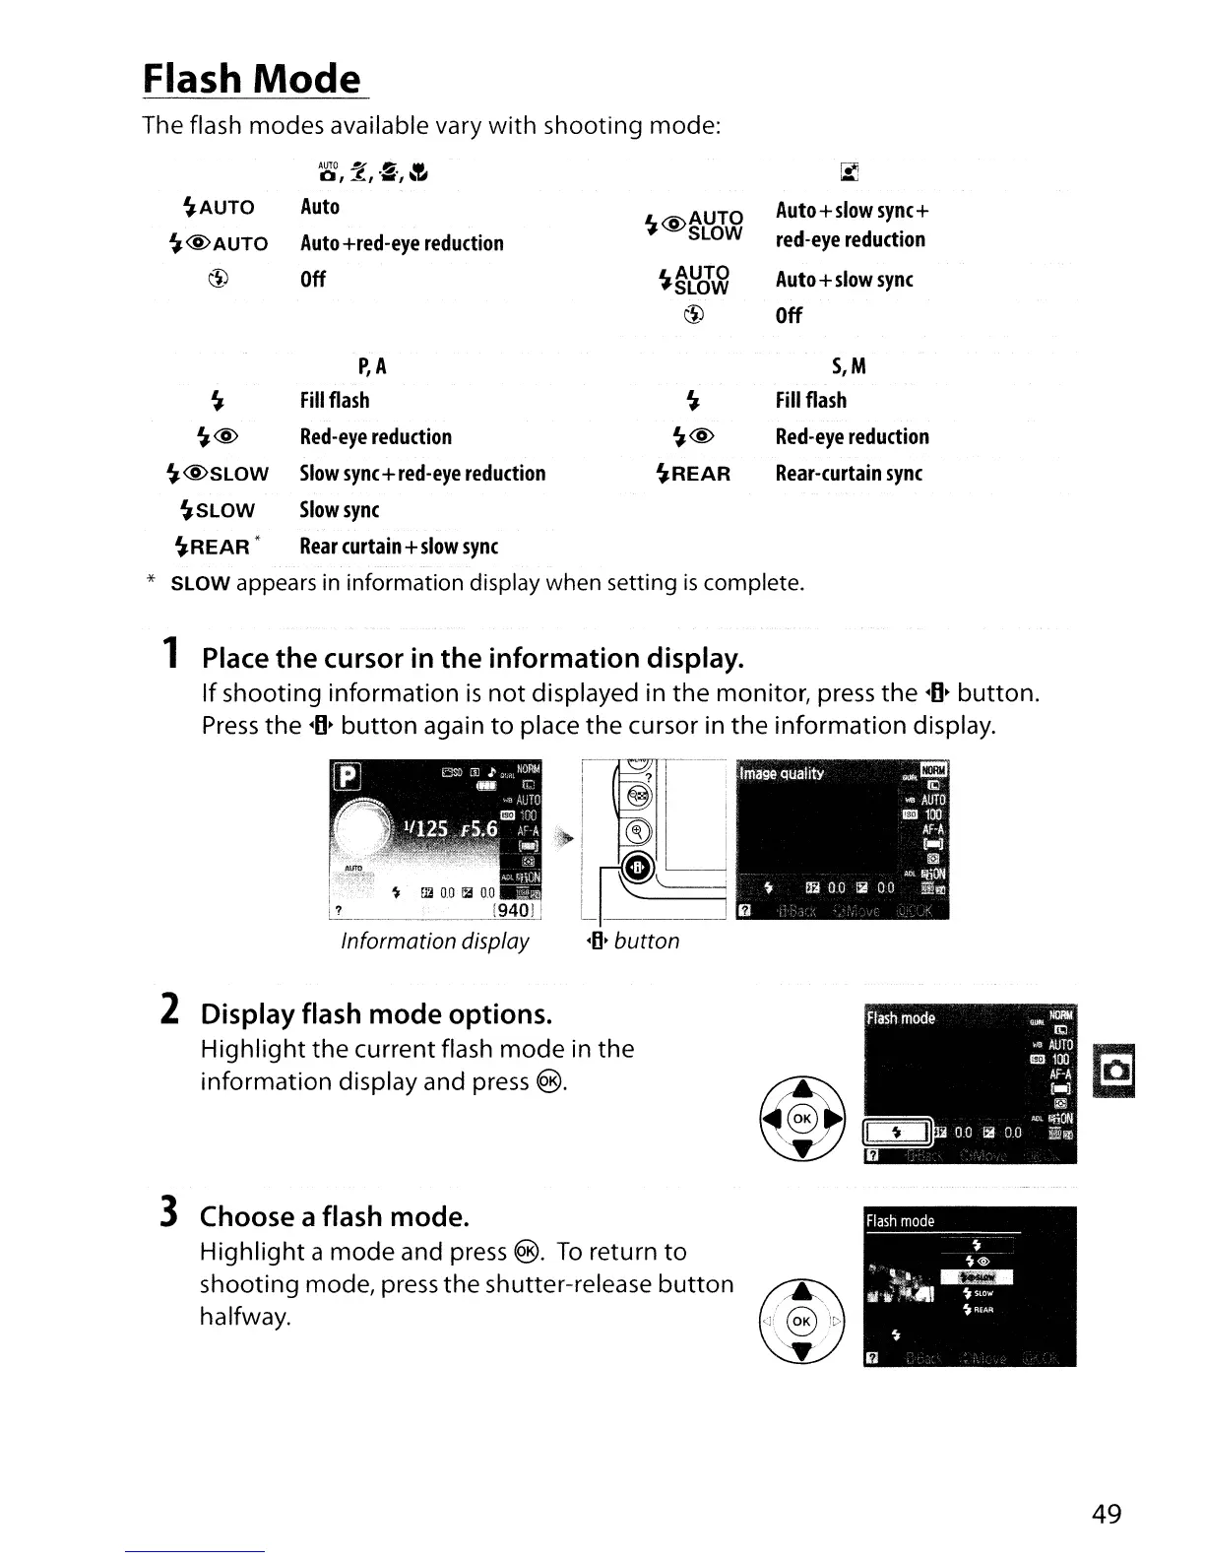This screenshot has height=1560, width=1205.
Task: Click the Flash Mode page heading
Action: pos(252,79)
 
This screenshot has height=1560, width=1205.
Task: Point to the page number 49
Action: pos(1107,1514)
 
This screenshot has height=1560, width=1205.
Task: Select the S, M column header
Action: pos(849,367)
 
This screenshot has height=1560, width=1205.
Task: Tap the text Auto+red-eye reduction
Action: pos(402,243)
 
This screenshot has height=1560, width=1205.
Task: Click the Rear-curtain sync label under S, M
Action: pos(849,474)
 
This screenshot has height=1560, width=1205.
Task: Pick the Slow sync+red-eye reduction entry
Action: pos(422,474)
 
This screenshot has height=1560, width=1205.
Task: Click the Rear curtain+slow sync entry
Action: pos(399,547)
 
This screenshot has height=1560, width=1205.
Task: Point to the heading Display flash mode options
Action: pos(376,1014)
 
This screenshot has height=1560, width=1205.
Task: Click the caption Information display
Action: pos(435,942)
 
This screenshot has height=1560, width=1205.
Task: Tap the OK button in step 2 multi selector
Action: pos(802,1119)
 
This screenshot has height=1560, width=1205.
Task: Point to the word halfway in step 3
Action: pos(245,1318)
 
